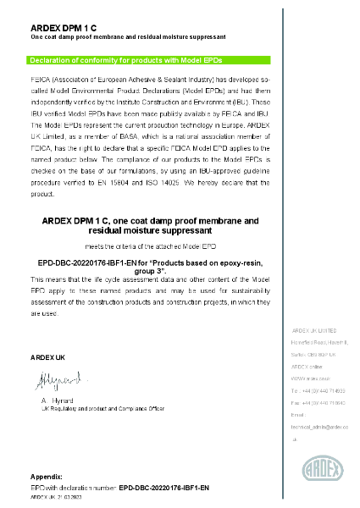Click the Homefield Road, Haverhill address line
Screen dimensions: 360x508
(320, 342)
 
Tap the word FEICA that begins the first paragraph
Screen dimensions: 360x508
(40, 76)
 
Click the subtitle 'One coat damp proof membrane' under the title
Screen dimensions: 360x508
(128, 38)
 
